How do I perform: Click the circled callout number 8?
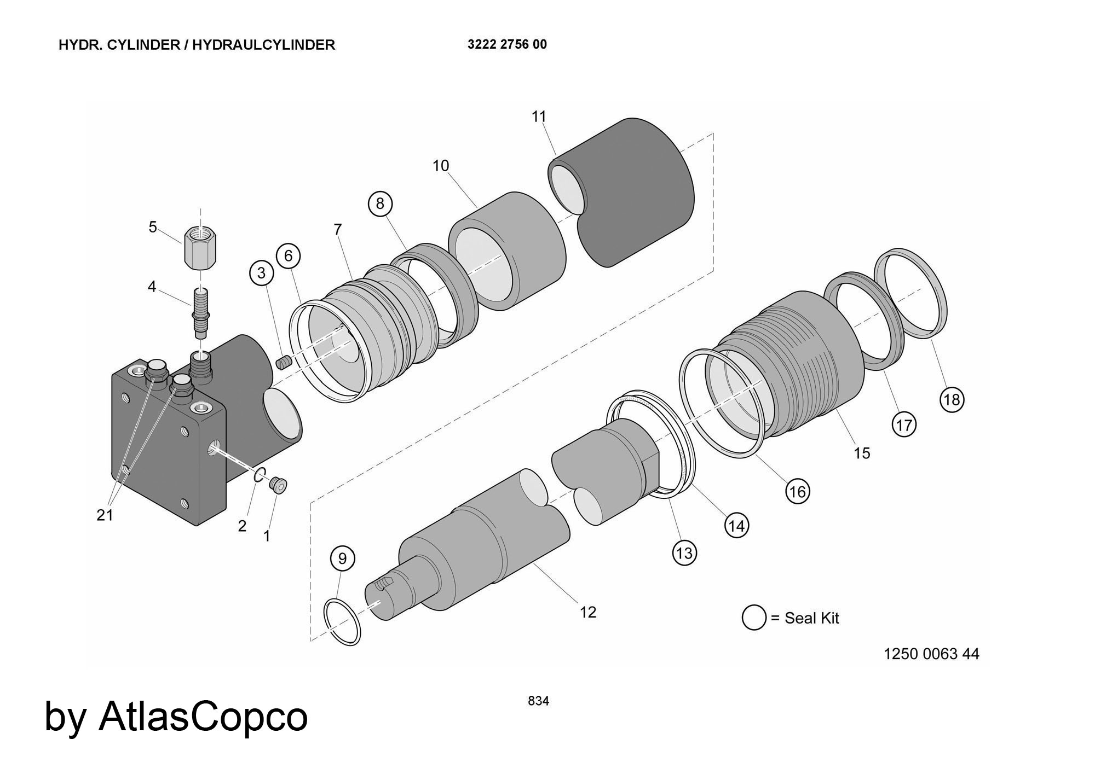pyautogui.click(x=380, y=203)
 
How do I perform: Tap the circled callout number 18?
pyautogui.click(x=952, y=399)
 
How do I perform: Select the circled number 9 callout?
pyautogui.click(x=343, y=558)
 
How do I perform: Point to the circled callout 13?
pyautogui.click(x=684, y=553)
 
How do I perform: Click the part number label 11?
pyautogui.click(x=539, y=117)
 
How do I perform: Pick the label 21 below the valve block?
pyautogui.click(x=105, y=515)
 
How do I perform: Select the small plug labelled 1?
pyautogui.click(x=279, y=485)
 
